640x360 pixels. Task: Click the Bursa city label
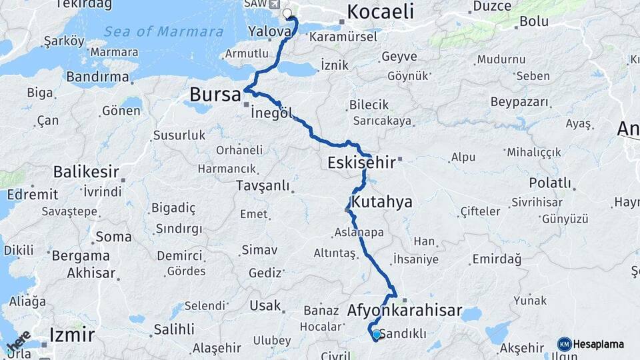tap(215, 95)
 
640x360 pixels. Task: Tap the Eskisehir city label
tap(360, 163)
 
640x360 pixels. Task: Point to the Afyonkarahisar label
tap(405, 310)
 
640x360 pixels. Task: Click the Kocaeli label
tap(381, 11)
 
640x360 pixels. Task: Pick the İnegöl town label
tap(272, 113)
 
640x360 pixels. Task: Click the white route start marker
tap(287, 13)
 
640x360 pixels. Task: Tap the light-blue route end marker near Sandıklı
tap(377, 334)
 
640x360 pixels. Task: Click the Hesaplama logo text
tap(599, 344)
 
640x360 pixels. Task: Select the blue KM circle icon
tap(564, 344)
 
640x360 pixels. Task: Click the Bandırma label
tap(97, 77)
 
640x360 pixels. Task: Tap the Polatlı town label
tap(550, 183)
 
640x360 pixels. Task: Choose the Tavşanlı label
tap(263, 186)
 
